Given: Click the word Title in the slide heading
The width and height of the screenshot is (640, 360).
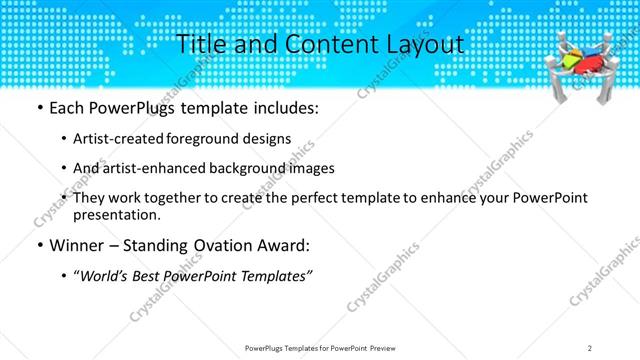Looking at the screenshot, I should (x=200, y=45).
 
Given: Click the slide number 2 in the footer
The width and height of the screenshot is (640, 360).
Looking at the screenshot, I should (x=591, y=347).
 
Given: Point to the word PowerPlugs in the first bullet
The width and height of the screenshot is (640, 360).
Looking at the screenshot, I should (x=130, y=107).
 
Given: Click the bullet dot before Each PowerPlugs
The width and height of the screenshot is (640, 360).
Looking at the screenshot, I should (x=38, y=107).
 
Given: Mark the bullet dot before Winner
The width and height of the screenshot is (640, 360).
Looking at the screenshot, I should (x=38, y=245).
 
